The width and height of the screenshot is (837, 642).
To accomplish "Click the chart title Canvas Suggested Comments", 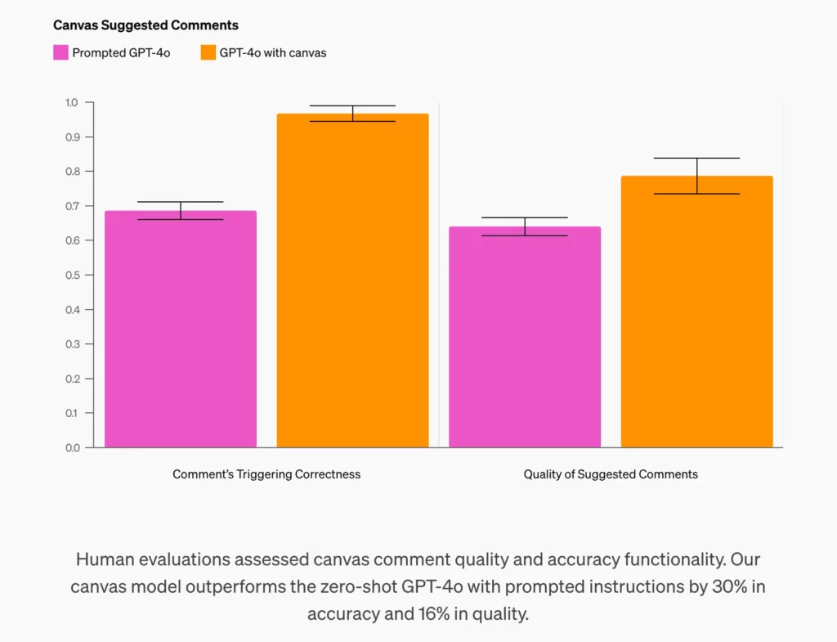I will (145, 25).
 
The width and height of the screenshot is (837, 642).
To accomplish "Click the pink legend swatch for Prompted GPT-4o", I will (60, 53).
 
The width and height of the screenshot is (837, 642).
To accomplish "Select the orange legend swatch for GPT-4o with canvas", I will (208, 53).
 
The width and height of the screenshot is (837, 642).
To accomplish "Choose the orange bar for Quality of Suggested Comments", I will (696, 312).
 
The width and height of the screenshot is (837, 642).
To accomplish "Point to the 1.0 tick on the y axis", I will (71, 103).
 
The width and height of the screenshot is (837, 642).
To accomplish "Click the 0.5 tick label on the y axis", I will (71, 276).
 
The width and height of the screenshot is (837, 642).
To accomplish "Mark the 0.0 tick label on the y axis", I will (71, 448).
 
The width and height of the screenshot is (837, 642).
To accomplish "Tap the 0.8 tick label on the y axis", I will (71, 172).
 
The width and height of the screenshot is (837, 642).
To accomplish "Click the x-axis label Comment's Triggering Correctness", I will (266, 474).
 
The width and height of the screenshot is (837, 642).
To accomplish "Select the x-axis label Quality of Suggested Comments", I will (611, 474).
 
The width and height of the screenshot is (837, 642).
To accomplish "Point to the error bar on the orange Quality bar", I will (696, 175).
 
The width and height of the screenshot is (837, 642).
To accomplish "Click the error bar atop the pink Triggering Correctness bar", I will (181, 210).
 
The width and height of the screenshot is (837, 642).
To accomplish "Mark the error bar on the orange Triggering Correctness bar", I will (352, 114).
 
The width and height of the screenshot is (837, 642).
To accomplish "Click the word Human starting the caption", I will (102, 559).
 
